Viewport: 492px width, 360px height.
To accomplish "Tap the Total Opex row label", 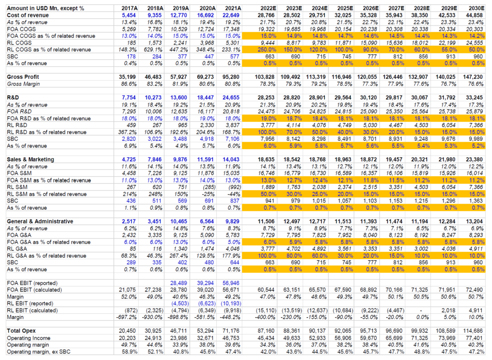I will [22, 331].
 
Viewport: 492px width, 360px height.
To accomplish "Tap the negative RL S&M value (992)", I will [233, 187].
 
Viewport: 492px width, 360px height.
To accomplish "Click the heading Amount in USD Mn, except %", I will [45, 8].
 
